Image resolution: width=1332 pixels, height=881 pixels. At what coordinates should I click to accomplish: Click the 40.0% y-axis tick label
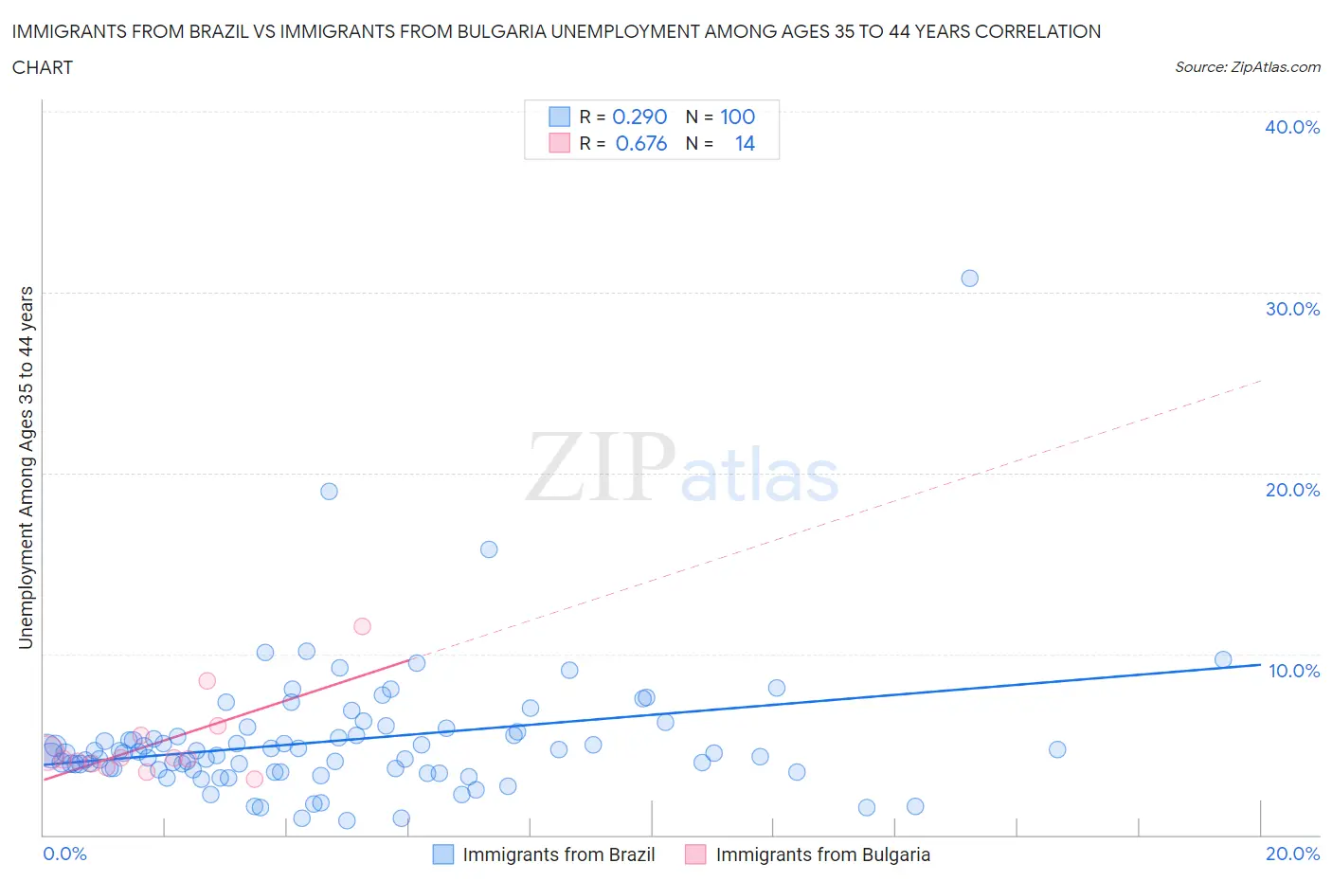pyautogui.click(x=1291, y=127)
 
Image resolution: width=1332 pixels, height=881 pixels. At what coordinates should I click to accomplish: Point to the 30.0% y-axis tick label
pyautogui.click(x=1291, y=309)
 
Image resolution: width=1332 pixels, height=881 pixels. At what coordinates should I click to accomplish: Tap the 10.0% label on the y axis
pyautogui.click(x=1293, y=671)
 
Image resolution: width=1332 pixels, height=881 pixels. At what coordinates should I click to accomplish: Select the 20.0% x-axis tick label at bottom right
pyautogui.click(x=1292, y=854)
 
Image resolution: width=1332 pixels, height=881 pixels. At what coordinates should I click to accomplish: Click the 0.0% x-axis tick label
pyautogui.click(x=64, y=854)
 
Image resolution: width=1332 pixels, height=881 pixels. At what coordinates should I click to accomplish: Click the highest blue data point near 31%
pyautogui.click(x=969, y=279)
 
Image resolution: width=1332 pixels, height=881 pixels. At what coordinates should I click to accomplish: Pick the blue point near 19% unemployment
pyautogui.click(x=329, y=491)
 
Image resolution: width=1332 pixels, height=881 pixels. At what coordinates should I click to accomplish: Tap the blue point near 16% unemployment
pyautogui.click(x=489, y=549)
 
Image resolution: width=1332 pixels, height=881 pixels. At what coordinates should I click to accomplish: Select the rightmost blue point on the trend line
pyautogui.click(x=1223, y=659)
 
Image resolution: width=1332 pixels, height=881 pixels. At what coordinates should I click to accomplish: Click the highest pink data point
pyautogui.click(x=362, y=626)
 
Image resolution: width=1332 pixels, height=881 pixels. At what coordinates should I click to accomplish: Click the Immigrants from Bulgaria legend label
pyautogui.click(x=822, y=854)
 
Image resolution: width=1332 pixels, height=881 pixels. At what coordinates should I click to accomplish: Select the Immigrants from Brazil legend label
pyautogui.click(x=558, y=854)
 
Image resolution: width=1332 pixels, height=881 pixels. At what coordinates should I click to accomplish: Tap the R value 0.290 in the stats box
pyautogui.click(x=639, y=117)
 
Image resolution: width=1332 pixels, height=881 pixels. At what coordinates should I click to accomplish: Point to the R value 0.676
pyautogui.click(x=641, y=143)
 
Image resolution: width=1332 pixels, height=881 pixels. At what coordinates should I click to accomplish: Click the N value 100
pyautogui.click(x=737, y=117)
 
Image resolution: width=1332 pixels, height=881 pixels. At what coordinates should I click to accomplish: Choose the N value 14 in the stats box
pyautogui.click(x=745, y=143)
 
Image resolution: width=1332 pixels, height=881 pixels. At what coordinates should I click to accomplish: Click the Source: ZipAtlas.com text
pyautogui.click(x=1247, y=66)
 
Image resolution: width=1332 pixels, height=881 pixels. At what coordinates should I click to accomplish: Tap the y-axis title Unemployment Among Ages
pyautogui.click(x=26, y=467)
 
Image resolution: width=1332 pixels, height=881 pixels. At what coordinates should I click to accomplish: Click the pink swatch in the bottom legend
pyautogui.click(x=695, y=854)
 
